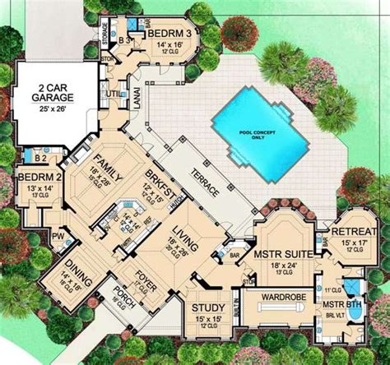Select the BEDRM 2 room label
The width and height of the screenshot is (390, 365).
(x=35, y=178)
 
